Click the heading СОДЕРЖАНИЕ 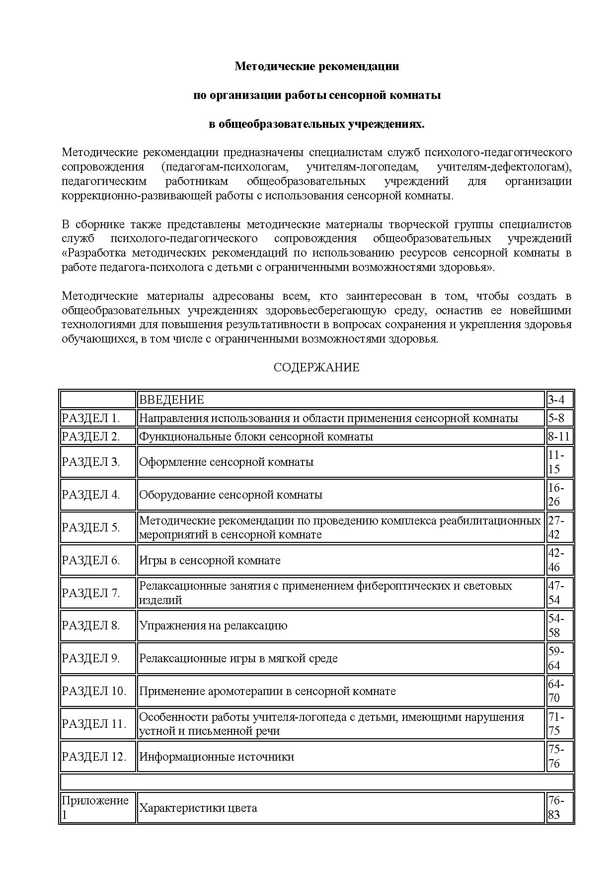[x=316, y=368]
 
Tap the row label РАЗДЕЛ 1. [x=91, y=418]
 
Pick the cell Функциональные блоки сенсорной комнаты [x=256, y=436]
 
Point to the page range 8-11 [x=559, y=436]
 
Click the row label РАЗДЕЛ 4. [x=91, y=495]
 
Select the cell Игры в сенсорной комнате [x=210, y=560]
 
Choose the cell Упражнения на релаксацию [x=213, y=625]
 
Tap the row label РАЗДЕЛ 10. [x=94, y=691]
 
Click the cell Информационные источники [x=217, y=757]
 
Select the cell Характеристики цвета [x=198, y=808]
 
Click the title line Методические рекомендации [x=316, y=66]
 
